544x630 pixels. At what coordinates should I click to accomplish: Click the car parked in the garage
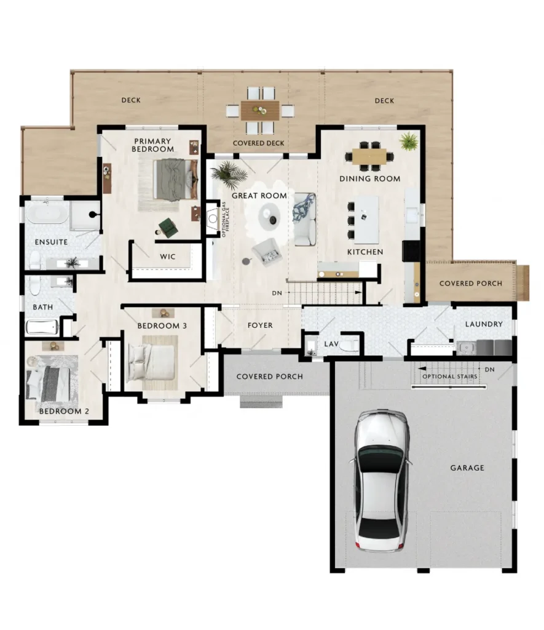pyautogui.click(x=381, y=480)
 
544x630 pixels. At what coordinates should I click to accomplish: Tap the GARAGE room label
pyautogui.click(x=467, y=468)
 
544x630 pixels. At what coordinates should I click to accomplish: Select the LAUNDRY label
pyautogui.click(x=484, y=324)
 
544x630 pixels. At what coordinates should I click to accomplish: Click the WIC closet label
pyautogui.click(x=167, y=257)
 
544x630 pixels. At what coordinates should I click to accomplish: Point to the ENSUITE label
pyautogui.click(x=51, y=242)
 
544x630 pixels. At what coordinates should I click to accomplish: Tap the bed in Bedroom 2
pyautogui.click(x=48, y=384)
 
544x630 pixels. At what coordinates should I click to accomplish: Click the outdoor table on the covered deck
pyautogui.click(x=260, y=110)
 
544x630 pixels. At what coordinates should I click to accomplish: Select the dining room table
pyautogui.click(x=369, y=157)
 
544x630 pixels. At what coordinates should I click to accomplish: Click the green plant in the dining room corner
pyautogui.click(x=409, y=142)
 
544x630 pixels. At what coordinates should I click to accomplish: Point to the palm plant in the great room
pyautogui.click(x=229, y=175)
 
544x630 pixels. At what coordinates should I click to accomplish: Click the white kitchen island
pyautogui.click(x=366, y=220)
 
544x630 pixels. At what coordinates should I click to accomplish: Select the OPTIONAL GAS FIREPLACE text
pyautogui.click(x=224, y=220)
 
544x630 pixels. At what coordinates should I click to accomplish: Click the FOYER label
pyautogui.click(x=260, y=325)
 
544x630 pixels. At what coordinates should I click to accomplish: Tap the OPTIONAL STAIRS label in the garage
pyautogui.click(x=450, y=377)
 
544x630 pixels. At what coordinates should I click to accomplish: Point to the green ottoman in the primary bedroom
pyautogui.click(x=168, y=227)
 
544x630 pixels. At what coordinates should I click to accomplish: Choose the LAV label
pyautogui.click(x=331, y=344)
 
